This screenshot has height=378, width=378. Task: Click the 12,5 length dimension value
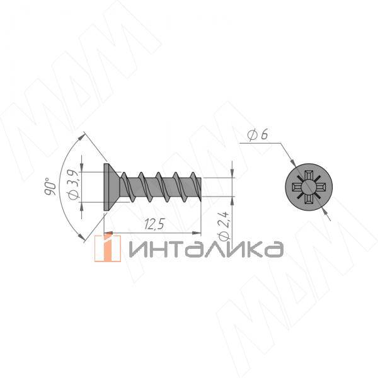tap(154, 224)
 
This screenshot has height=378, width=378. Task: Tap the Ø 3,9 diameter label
tap(74, 185)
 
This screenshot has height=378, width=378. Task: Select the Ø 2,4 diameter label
tap(224, 226)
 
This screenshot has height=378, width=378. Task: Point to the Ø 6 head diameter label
tap(258, 135)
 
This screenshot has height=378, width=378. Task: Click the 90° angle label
tap(50, 186)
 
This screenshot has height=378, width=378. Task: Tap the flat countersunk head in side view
tap(112, 187)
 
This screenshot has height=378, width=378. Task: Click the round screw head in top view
tap(309, 187)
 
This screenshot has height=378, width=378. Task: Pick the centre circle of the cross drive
tap(309, 187)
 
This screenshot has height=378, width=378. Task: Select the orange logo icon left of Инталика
tap(108, 248)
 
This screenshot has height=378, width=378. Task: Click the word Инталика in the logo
tap(206, 249)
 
